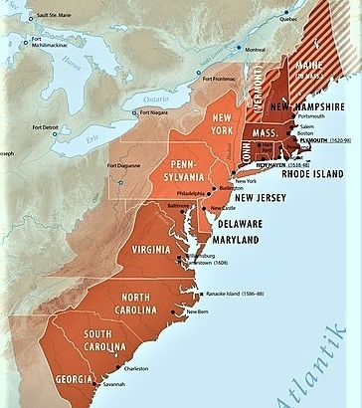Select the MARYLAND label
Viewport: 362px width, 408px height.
pos(233,241)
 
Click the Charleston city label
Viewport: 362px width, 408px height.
pos(136,368)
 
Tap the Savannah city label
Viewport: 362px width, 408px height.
pos(110,387)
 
